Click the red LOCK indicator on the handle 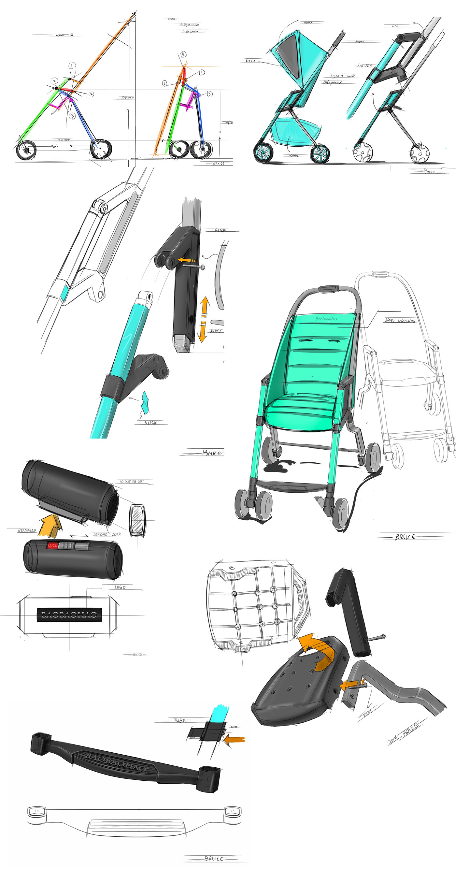click(x=52, y=545)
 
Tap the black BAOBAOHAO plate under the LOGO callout click(x=69, y=614)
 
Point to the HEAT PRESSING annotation click(x=400, y=321)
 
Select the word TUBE click(x=179, y=720)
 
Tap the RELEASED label click(x=27, y=531)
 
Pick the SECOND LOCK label click(x=107, y=534)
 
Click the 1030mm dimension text click(x=127, y=97)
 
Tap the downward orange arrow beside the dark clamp click(x=202, y=332)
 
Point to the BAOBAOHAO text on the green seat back click(x=326, y=318)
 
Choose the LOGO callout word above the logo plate click(x=120, y=587)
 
